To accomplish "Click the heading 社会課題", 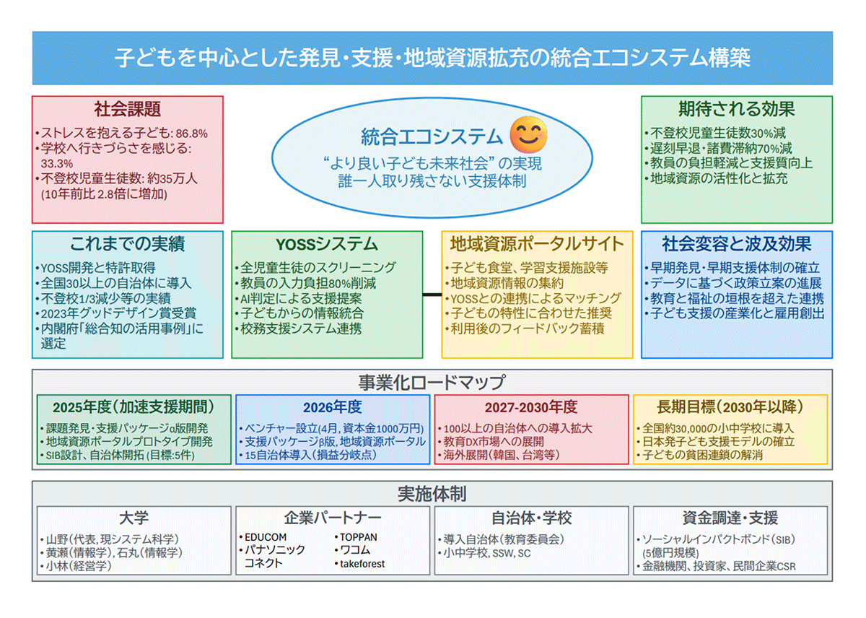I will (x=127, y=110).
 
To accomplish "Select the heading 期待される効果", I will (x=736, y=110).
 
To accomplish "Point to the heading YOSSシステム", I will (x=326, y=244).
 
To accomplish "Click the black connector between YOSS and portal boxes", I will (x=432, y=295).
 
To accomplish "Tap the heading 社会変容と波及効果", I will (x=736, y=244).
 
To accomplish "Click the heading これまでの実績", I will (x=127, y=244).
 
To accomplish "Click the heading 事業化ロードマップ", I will (x=432, y=382).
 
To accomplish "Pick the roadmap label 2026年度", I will (x=332, y=406).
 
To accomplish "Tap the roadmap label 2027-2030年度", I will (x=530, y=406).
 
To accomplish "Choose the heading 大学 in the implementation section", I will (x=134, y=518).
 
